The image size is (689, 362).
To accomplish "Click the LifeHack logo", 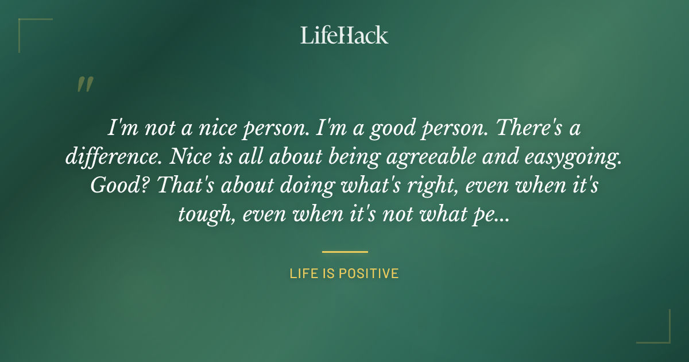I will tap(344, 36).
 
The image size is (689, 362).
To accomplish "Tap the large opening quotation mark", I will tap(84, 85).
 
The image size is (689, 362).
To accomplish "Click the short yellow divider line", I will tap(344, 252).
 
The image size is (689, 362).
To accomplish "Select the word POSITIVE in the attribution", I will tap(369, 274).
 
